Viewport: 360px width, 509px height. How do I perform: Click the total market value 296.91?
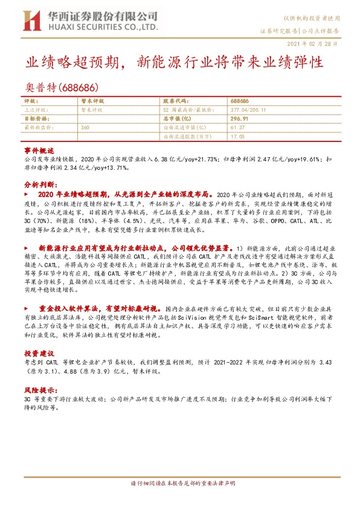240,119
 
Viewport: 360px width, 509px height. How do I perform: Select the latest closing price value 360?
85,128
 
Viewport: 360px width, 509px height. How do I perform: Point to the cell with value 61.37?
238,128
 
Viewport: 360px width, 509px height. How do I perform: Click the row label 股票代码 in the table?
176,102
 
